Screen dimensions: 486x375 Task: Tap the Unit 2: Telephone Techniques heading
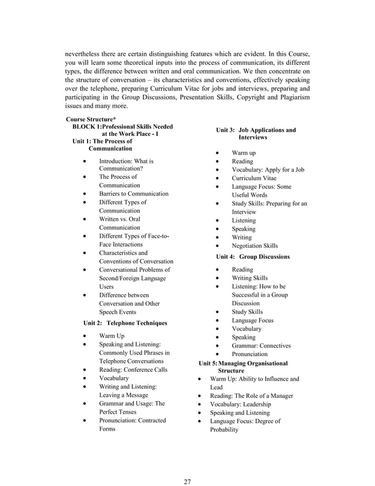126,323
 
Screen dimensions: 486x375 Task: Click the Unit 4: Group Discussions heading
253,257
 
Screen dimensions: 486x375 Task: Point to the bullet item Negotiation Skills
255,246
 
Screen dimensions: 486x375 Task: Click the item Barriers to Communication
133,194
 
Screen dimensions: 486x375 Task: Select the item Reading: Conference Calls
133,370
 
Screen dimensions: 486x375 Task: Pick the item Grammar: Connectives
262,346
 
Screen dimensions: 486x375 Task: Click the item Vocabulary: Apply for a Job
268,169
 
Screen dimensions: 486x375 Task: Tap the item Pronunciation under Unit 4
250,354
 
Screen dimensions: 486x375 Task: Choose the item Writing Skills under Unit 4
250,278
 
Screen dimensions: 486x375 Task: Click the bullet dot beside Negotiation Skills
219,246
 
